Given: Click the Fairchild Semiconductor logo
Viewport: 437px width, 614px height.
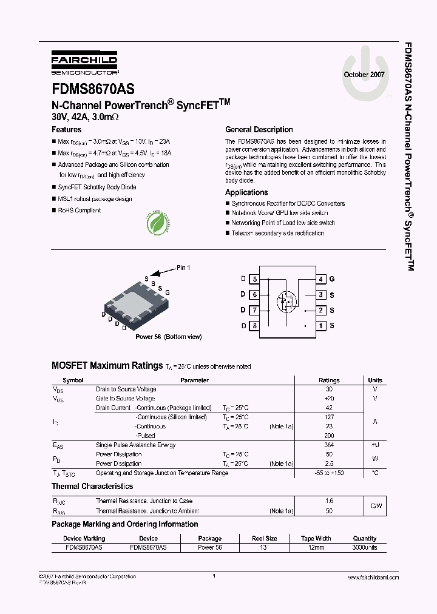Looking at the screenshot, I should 84,63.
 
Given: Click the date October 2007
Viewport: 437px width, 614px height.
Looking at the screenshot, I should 364,74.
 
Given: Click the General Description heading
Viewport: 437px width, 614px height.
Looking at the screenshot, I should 259,130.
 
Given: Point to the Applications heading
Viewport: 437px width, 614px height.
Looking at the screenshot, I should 246,192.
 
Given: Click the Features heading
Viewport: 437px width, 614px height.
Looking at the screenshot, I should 67,130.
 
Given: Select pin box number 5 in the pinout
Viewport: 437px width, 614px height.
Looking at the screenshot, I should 255,279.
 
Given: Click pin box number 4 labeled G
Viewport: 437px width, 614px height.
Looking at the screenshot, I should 321,279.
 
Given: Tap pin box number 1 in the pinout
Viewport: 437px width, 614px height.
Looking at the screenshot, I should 321,326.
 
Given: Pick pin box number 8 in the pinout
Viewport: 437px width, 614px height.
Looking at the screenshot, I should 255,326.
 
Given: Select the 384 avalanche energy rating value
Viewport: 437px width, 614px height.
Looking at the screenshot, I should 329,445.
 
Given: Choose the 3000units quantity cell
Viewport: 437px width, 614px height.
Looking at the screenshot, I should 365,547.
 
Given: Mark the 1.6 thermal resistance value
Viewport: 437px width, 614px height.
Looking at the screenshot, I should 329,501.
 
